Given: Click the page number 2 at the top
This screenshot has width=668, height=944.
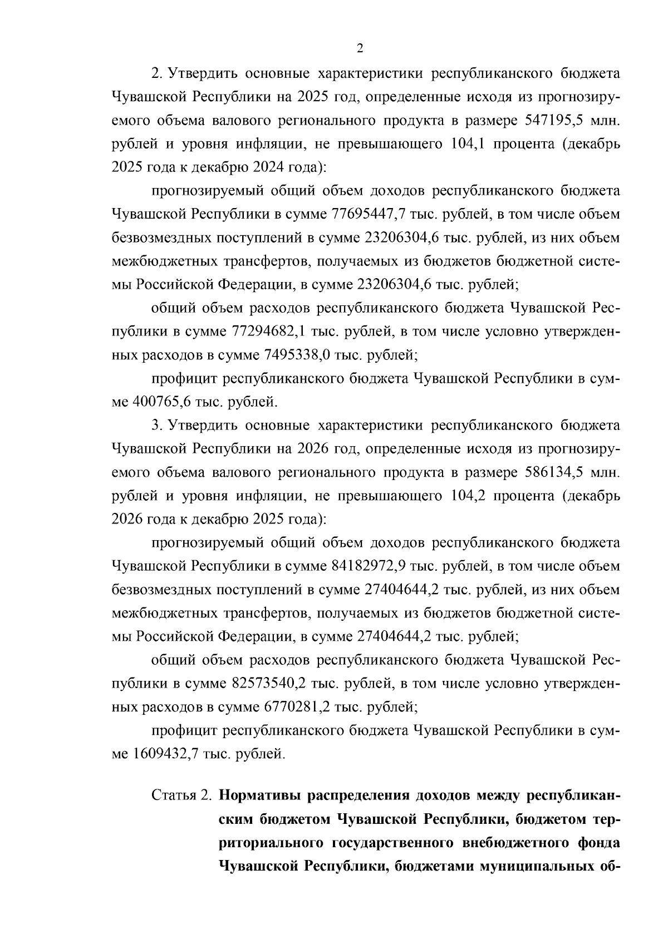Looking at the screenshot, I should pyautogui.click(x=359, y=49).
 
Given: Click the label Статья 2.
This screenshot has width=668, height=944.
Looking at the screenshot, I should pyautogui.click(x=181, y=794).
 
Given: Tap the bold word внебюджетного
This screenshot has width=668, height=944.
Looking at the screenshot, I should pyautogui.click(x=516, y=842).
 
